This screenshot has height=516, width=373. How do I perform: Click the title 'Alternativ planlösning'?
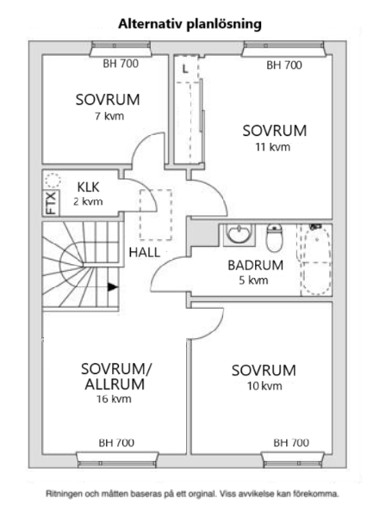190,24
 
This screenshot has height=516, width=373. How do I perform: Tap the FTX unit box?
51,203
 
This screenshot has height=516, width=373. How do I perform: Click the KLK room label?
89,187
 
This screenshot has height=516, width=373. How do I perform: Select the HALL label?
145,252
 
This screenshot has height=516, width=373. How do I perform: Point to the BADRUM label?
255,265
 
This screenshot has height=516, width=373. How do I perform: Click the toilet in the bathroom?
274,237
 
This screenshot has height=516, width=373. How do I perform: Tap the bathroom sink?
239,234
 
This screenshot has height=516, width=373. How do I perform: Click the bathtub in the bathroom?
316,260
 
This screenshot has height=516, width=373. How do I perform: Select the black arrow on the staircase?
113,287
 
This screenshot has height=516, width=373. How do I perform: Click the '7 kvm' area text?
109,116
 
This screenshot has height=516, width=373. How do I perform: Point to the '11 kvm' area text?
273,147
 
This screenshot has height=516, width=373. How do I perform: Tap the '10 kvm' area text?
264,385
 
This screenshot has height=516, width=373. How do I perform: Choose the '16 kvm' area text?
114,399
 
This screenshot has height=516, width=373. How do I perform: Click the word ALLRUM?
115,384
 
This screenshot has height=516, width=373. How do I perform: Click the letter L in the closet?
185,69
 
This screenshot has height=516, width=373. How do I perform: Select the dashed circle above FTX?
53,181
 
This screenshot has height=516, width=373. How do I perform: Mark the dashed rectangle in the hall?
156,214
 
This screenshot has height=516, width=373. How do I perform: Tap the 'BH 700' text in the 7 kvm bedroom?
121,64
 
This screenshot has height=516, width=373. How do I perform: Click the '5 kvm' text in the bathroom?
253,280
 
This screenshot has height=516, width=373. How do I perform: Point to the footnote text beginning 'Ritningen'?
192,494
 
